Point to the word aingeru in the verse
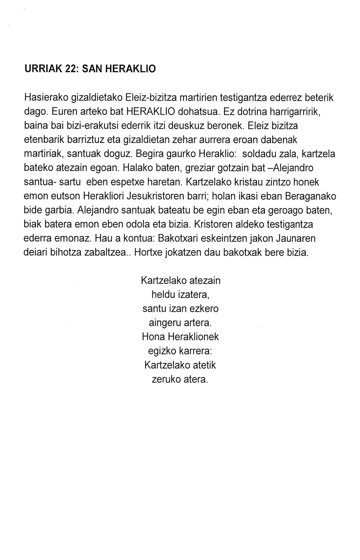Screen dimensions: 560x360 164,323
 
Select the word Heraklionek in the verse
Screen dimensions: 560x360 197,337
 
